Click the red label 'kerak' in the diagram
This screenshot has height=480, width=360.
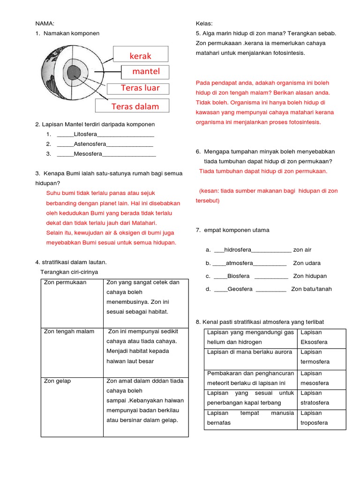pyautogui.click(x=141, y=56)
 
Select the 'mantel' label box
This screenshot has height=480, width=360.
pyautogui.click(x=146, y=71)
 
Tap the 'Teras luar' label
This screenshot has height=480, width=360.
pyautogui.click(x=140, y=88)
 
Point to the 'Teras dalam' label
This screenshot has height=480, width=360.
pyautogui.click(x=135, y=106)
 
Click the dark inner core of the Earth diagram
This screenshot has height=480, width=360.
pyautogui.click(x=73, y=73)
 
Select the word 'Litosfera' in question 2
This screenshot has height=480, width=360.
pyautogui.click(x=85, y=135)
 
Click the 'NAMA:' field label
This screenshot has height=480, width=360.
pyautogui.click(x=45, y=23)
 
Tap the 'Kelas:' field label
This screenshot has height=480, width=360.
pyautogui.click(x=204, y=23)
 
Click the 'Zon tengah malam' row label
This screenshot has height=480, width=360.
pyautogui.click(x=69, y=331)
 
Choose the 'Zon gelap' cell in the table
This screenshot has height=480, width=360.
pyautogui.click(x=57, y=381)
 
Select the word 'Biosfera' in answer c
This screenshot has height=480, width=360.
pyautogui.click(x=239, y=276)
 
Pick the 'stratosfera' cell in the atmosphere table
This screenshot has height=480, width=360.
pyautogui.click(x=315, y=403)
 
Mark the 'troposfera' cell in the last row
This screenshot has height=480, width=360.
pyautogui.click(x=314, y=423)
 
